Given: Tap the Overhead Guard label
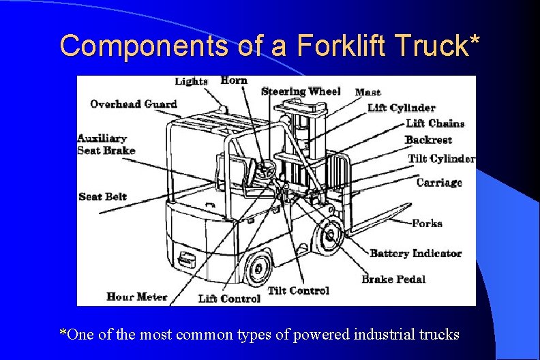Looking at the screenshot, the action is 134,104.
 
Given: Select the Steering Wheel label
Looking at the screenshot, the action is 301,91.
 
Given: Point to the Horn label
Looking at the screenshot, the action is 234,80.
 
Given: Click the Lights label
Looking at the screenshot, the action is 191,81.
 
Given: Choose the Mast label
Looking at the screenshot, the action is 368,92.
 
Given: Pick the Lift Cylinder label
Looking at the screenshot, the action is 402,108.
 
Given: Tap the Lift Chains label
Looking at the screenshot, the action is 435,123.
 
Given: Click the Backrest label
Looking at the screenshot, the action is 428,140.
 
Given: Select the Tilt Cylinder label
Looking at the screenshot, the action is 441,159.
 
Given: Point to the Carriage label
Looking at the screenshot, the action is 439,182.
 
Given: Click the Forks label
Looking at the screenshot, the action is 427,223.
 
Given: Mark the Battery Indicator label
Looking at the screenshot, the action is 415,254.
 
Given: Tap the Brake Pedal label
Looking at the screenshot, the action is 393,279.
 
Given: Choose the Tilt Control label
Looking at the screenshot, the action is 299,290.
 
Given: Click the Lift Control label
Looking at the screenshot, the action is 229,299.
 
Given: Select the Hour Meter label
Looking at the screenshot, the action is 137,297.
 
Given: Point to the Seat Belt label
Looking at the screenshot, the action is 103,196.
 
